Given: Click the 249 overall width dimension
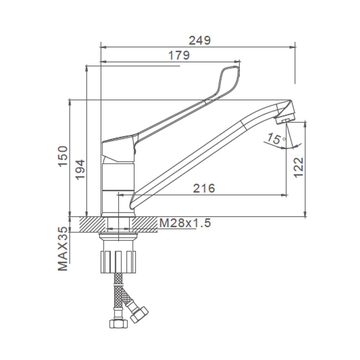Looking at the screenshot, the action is tap(199, 40).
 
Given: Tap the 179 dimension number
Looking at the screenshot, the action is tap(179, 55).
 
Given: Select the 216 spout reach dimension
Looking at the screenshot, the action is tap(204, 188).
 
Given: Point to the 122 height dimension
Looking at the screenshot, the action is tap(299, 167).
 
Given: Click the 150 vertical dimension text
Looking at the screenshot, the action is tap(63, 156).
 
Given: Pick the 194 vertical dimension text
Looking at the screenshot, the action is tap(80, 170).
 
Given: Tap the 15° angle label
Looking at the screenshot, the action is tap(276, 139).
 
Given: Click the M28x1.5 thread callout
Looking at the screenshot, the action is tap(185, 223).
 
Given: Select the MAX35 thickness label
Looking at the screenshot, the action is tap(63, 249).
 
